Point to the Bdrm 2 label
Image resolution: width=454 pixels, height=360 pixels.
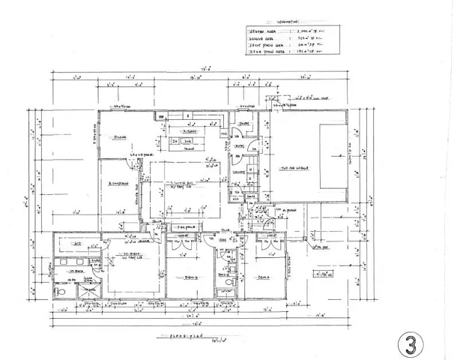coord(192,277)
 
